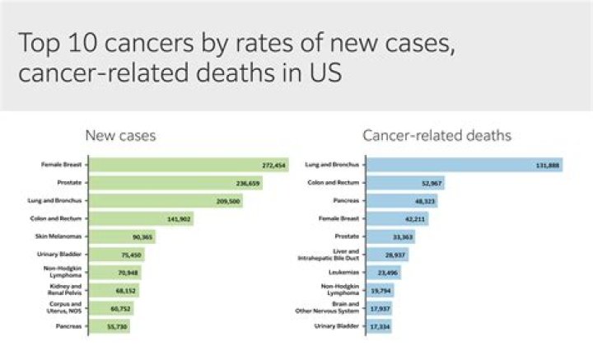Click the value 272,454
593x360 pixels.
(272, 165)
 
